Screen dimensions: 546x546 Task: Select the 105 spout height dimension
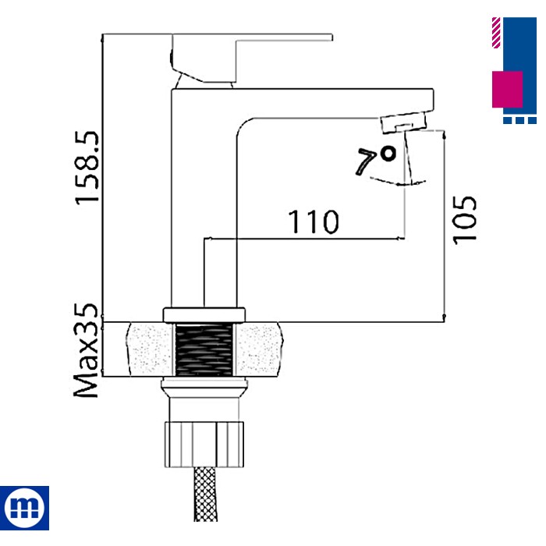click(465, 219)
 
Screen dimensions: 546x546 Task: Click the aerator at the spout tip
click(403, 122)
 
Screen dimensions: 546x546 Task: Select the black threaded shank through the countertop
click(204, 350)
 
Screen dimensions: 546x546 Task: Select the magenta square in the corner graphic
click(507, 89)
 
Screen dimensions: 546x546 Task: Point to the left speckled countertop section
click(149, 350)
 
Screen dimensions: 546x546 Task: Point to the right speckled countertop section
click(261, 350)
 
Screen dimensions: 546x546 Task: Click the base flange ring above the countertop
click(204, 314)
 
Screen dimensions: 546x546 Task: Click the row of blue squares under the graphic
click(519, 120)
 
